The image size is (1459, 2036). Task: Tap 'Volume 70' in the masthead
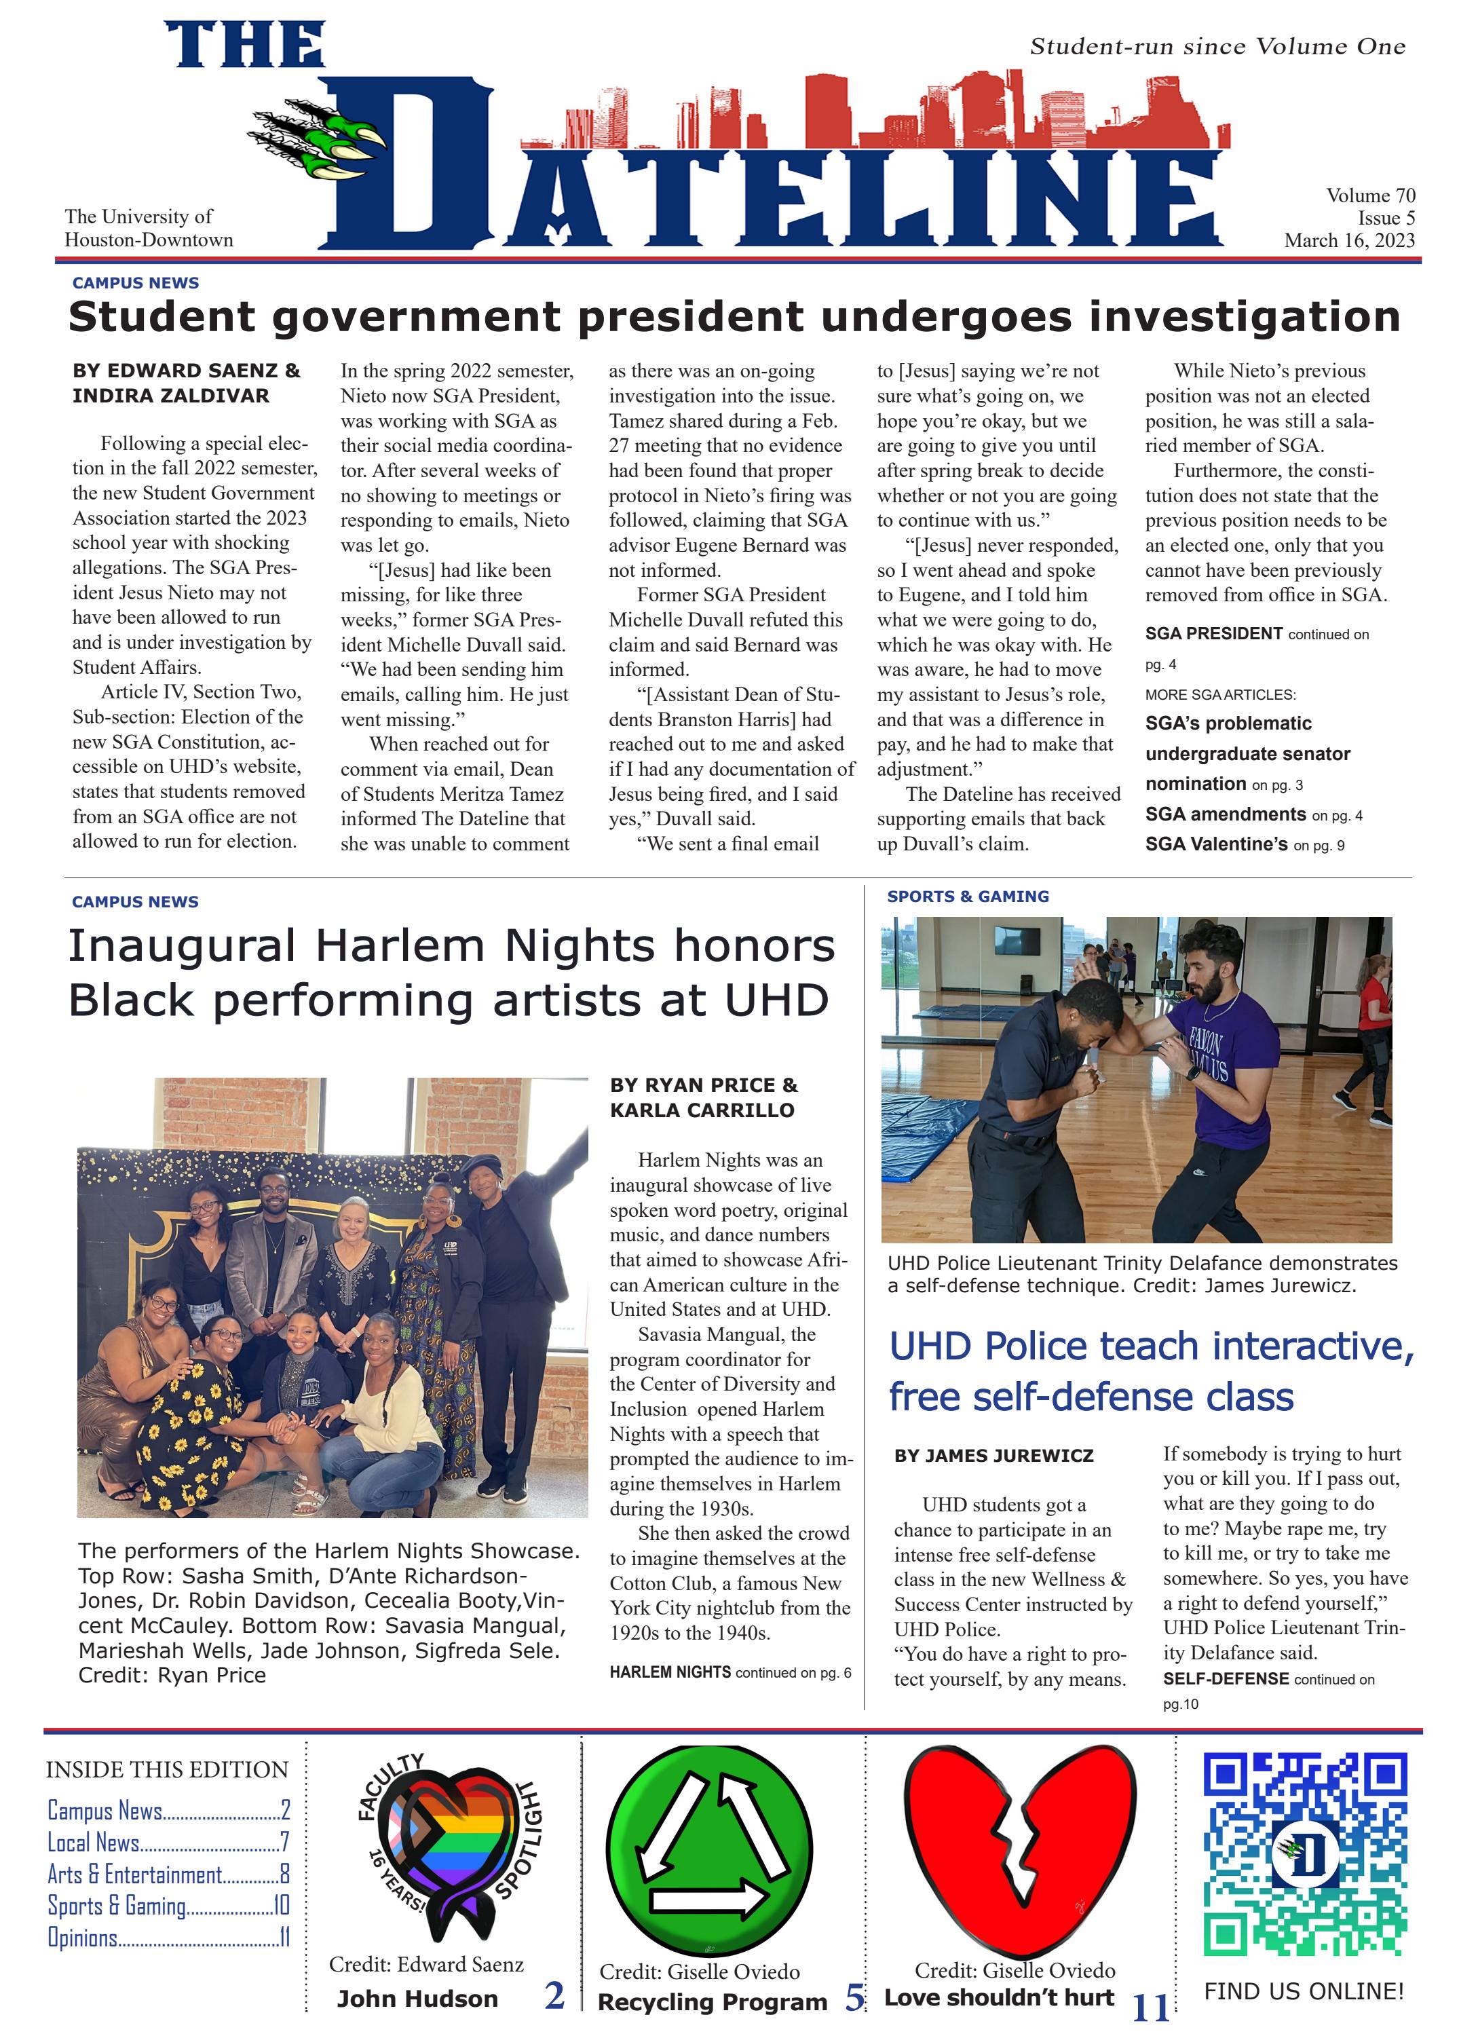1370,195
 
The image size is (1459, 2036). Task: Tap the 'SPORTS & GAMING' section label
967,896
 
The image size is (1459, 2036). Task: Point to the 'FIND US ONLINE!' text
1303,1991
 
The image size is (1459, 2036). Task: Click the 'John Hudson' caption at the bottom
417,1998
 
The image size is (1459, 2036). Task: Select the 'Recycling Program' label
712,2002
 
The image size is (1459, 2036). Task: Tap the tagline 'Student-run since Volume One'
1217,47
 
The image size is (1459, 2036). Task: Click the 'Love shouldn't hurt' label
998,1997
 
